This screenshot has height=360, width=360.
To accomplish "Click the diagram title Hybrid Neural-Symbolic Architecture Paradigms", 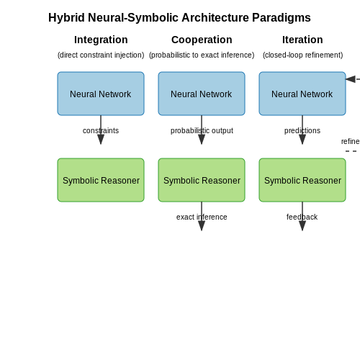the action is point(179,18).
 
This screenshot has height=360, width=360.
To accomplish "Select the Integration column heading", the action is point(101,40).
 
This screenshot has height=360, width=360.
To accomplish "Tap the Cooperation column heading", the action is point(202,40).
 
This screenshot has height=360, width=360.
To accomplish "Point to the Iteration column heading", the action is point(302,40).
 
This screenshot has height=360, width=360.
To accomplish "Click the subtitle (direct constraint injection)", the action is point(101,55).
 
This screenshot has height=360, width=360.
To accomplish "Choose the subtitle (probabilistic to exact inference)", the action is point(202,55).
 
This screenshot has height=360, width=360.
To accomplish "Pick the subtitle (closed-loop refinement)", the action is point(302,55).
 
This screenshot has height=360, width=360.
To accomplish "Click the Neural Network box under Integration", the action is point(101,94).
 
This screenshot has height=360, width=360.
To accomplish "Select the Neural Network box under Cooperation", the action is point(202,94).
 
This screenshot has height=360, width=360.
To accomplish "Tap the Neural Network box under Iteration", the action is point(302,94).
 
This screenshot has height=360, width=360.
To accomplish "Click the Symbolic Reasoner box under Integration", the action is point(101,180).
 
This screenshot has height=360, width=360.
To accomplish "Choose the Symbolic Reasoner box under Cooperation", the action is point(202,180).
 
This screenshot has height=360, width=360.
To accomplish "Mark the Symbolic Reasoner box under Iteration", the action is point(302,180).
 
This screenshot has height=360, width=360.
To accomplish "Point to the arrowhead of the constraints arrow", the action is point(101,140).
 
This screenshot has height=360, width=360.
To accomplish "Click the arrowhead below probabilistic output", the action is point(202,140).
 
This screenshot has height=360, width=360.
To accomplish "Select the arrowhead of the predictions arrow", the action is point(302,140).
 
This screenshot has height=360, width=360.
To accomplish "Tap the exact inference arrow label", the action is point(202,217).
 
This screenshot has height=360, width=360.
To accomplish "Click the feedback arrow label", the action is point(302,217).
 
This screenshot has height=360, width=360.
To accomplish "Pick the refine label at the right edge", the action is point(351,141).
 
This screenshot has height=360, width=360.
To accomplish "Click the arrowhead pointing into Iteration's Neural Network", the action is point(351,79).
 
